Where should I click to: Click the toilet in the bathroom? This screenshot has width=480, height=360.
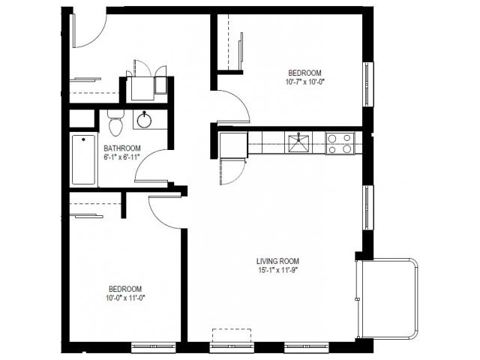tap(115, 122)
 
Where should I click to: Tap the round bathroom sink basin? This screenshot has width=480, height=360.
tap(144, 120)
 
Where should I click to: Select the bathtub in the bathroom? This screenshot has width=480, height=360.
tap(83, 160)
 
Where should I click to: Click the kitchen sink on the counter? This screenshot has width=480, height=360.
tap(298, 142)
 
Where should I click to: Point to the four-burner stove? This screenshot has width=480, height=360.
tap(340, 143)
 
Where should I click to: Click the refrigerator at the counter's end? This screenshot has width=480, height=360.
tap(233, 145)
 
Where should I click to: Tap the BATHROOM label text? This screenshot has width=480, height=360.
tap(122, 148)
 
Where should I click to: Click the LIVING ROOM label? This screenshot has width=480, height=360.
tap(277, 261)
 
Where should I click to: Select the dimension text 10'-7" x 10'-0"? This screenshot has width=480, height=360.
tap(305, 82)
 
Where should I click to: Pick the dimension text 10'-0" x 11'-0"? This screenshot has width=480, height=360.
tap(125, 298)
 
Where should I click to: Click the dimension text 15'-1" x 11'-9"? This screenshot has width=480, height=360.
tap(277, 270)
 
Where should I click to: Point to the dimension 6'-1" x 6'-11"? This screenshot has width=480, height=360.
tap(121, 157)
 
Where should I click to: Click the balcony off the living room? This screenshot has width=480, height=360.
tap(387, 298)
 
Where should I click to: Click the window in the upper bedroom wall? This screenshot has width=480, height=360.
tap(368, 84)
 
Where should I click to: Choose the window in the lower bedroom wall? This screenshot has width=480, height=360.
tap(153, 347)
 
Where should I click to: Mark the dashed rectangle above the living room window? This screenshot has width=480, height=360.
tap(232, 335)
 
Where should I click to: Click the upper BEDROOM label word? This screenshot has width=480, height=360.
tap(305, 73)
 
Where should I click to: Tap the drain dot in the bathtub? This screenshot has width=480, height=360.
tap(83, 140)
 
